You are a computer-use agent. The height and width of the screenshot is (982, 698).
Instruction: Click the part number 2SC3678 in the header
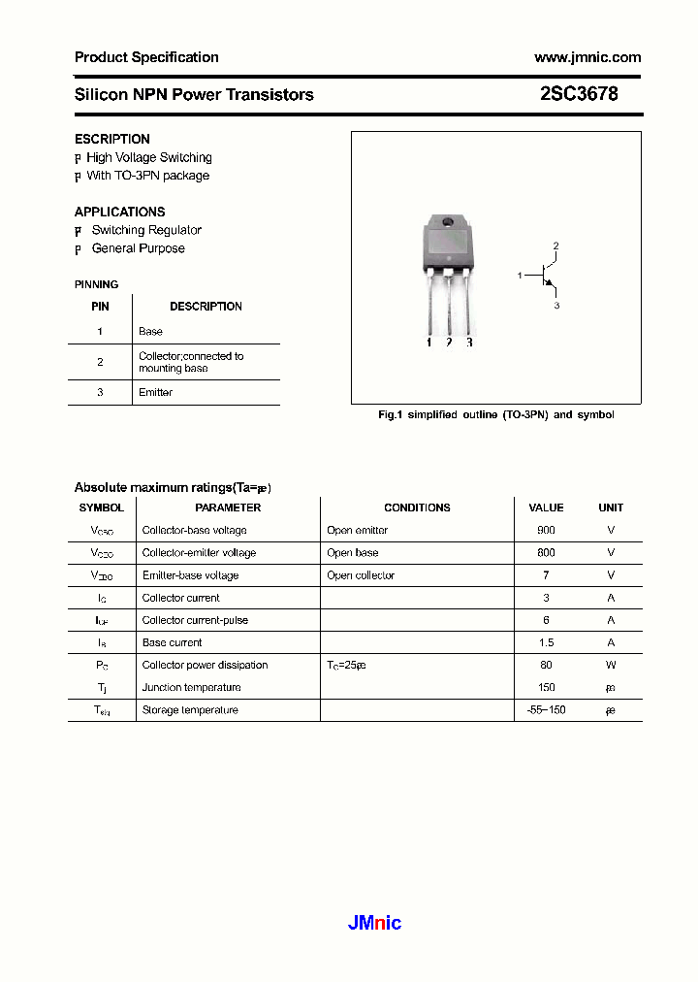(x=579, y=94)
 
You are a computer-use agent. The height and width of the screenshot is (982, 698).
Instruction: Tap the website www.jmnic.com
(x=587, y=57)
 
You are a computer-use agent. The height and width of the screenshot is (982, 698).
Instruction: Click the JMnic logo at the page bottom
(x=374, y=923)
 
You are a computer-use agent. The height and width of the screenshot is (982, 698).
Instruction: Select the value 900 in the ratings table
(x=546, y=530)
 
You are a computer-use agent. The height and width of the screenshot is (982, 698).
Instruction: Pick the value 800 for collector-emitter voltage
(x=546, y=552)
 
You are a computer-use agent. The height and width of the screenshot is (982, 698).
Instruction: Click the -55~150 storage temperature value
(x=546, y=709)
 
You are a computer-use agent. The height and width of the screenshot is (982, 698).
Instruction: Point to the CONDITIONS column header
(x=417, y=507)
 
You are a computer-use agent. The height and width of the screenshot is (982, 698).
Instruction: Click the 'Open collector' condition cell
(x=361, y=575)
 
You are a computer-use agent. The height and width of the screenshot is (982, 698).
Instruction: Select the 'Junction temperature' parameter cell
(x=191, y=687)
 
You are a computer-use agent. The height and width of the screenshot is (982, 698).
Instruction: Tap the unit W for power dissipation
(x=611, y=665)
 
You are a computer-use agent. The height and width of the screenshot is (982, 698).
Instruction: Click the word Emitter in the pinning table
(x=155, y=392)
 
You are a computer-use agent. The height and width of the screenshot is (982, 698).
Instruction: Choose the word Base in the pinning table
(x=150, y=331)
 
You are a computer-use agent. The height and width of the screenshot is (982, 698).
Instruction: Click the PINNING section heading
(x=96, y=284)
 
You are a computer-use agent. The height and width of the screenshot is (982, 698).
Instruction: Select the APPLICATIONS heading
(x=119, y=212)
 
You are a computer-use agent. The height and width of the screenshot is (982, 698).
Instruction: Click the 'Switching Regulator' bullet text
(x=146, y=230)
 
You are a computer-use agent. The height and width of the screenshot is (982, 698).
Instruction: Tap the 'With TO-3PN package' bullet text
(x=147, y=176)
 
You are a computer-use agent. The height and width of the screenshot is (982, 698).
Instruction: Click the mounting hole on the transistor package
(x=448, y=224)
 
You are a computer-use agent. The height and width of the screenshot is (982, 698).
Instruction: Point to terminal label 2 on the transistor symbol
(x=555, y=245)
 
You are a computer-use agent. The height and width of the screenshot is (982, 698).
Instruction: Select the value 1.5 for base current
(x=546, y=642)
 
